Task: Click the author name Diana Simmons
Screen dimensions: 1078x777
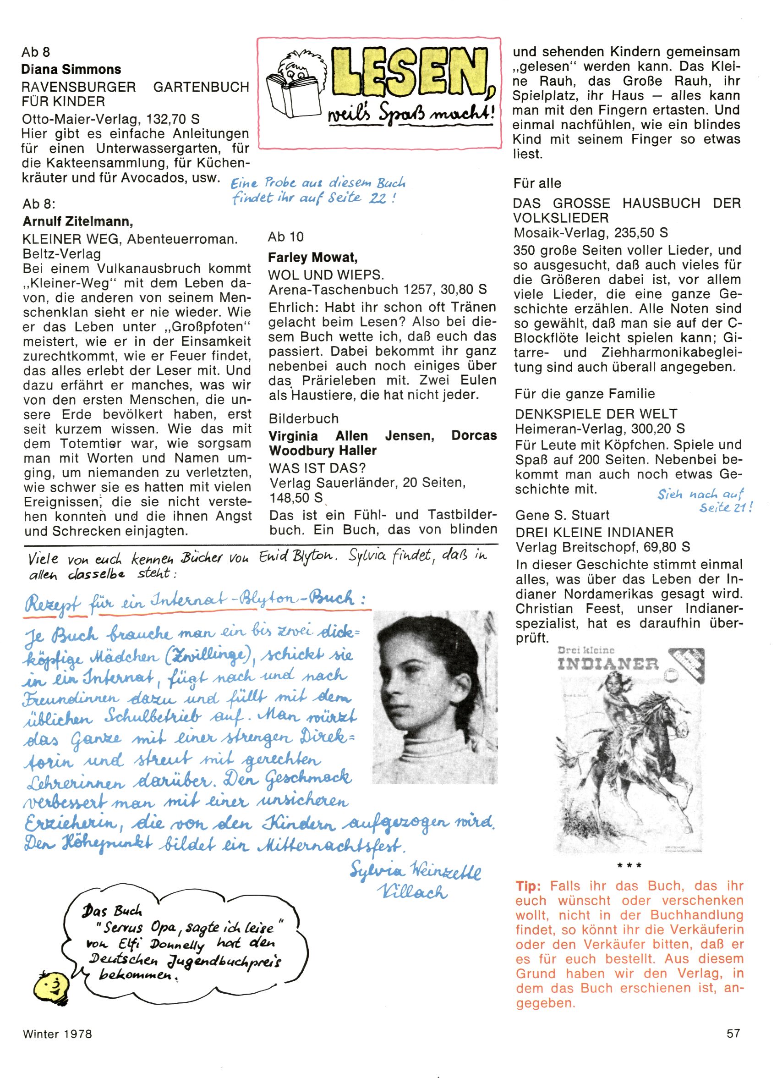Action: pos(71,69)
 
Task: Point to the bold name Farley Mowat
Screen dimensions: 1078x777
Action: pos(313,258)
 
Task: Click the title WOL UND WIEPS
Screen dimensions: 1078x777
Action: pos(326,275)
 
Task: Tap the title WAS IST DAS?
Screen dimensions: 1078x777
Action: pos(317,467)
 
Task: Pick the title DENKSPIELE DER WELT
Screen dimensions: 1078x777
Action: pos(596,413)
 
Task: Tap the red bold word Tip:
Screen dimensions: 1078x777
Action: pos(528,886)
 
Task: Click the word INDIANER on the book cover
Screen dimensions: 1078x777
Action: pos(608,665)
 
